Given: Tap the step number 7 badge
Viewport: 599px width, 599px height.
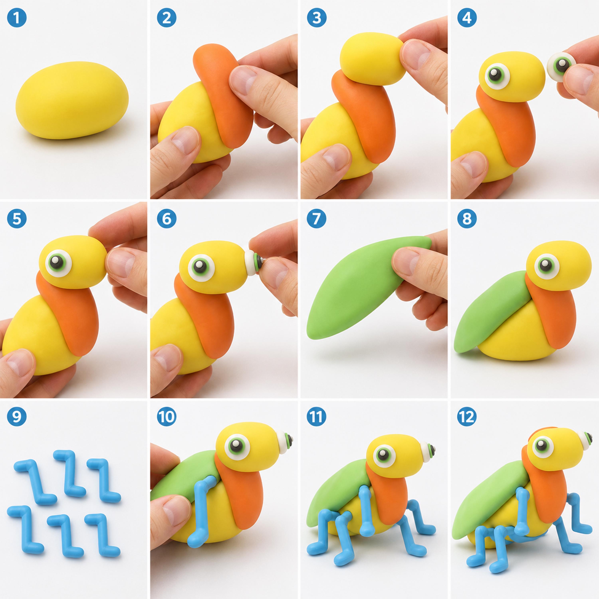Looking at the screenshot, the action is (x=316, y=219).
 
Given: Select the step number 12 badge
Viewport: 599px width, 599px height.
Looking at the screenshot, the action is (x=467, y=417).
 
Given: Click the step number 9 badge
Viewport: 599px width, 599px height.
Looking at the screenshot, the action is (x=17, y=417).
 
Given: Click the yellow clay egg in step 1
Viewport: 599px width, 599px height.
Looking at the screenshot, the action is (x=72, y=100).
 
